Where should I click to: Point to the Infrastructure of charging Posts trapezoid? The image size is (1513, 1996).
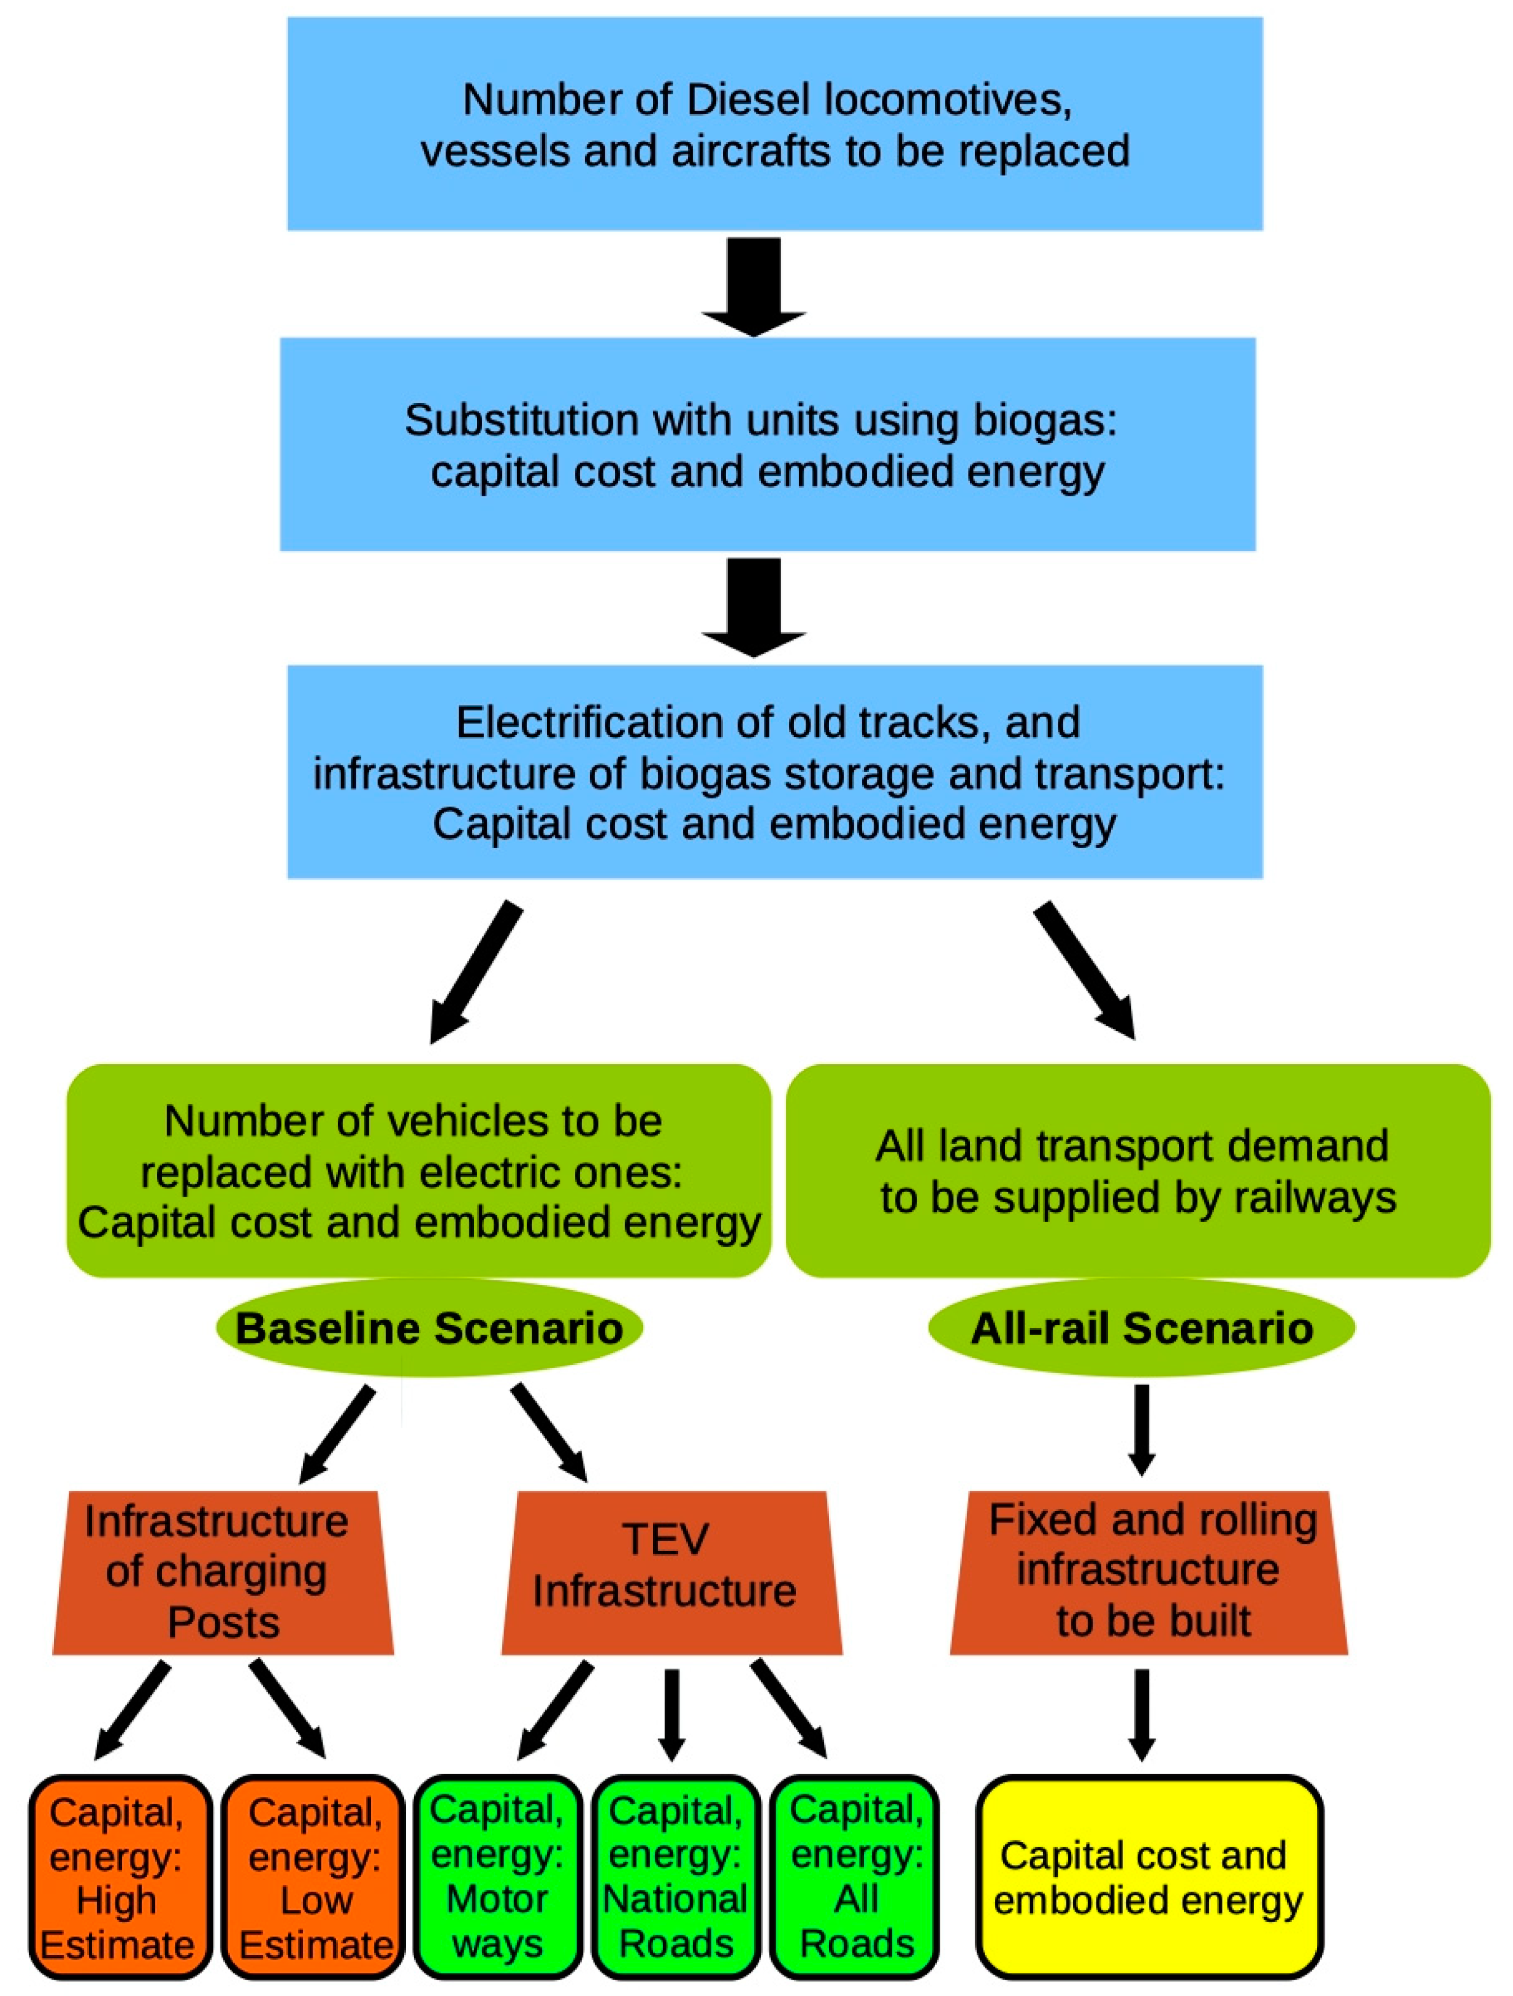(x=222, y=1572)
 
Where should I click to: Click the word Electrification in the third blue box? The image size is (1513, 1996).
(x=614, y=722)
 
